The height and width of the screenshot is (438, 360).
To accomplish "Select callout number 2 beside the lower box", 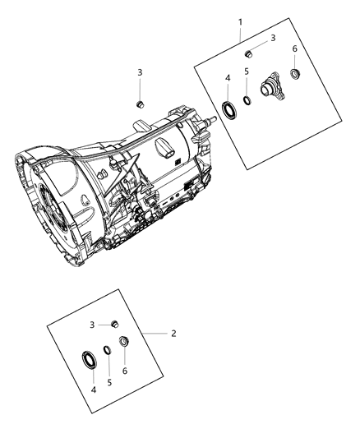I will point(173,334).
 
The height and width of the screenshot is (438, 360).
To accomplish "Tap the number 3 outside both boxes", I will point(140,72).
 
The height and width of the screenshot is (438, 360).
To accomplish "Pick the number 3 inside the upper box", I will point(273,38).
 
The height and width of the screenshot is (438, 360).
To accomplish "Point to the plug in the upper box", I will point(248,53).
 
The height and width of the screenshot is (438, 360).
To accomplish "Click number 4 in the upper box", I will point(227,78).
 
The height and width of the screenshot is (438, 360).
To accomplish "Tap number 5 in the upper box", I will point(247,73).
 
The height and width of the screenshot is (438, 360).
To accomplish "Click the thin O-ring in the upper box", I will point(246,102).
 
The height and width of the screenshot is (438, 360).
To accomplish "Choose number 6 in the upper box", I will point(295,49).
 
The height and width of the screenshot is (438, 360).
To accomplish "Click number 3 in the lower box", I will point(92,325).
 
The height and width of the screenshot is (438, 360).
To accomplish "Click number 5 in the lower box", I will point(109,382).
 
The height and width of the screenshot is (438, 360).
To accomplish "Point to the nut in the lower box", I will point(124,343).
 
